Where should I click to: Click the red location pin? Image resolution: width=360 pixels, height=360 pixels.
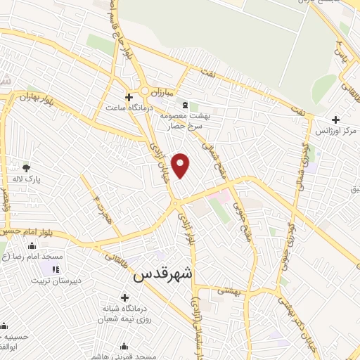[181, 165]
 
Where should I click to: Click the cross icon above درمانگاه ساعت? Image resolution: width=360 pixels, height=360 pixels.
[128, 97]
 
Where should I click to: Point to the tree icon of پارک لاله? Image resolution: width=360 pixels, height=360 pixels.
[26, 167]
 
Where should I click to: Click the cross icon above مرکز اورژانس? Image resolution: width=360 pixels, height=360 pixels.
[335, 120]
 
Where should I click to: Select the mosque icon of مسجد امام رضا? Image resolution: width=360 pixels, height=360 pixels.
[32, 246]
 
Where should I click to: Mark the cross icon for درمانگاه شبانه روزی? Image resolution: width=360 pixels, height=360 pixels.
[124, 297]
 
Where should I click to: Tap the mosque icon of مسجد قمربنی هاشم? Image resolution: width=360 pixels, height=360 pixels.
[124, 346]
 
